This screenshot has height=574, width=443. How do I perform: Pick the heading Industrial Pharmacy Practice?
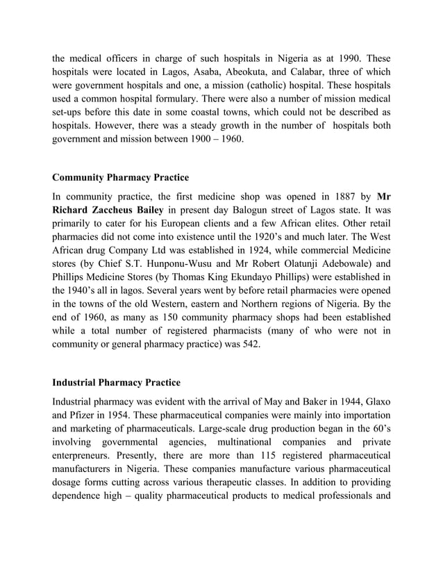[117, 383]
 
